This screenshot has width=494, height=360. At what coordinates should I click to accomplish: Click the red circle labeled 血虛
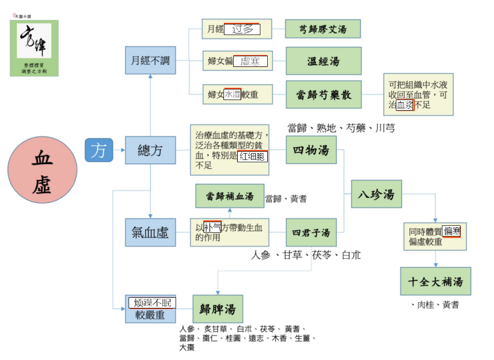tap(42, 170)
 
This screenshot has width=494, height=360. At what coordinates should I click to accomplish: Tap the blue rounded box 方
tap(99, 150)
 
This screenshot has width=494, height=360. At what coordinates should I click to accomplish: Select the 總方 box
tap(150, 150)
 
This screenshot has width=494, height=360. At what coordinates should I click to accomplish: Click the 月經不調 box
tap(150, 60)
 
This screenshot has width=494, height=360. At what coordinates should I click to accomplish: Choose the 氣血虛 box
tap(150, 232)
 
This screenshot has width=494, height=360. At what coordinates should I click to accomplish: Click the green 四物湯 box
tap(311, 150)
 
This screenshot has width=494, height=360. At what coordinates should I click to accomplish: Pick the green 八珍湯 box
tap(376, 194)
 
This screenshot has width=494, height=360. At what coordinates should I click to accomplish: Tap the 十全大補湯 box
tap(435, 281)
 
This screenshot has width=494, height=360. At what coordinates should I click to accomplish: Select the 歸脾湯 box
tap(218, 309)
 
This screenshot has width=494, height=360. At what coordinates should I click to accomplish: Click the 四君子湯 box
tap(311, 232)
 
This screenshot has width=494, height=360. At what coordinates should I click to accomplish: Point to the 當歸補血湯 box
tap(229, 196)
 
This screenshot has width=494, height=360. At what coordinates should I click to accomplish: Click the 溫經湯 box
tap(323, 61)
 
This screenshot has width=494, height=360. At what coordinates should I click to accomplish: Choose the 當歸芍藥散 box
tap(323, 94)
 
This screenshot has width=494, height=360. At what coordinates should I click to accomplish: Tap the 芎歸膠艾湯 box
tap(323, 29)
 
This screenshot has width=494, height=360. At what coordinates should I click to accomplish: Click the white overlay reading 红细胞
tap(253, 156)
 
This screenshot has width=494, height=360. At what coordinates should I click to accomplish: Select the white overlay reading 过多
tap(242, 30)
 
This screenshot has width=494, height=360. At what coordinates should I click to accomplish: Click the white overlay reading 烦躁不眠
tap(152, 303)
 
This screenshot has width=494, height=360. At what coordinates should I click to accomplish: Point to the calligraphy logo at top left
tap(34, 48)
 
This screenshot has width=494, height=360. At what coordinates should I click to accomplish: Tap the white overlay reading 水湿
tap(232, 94)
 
